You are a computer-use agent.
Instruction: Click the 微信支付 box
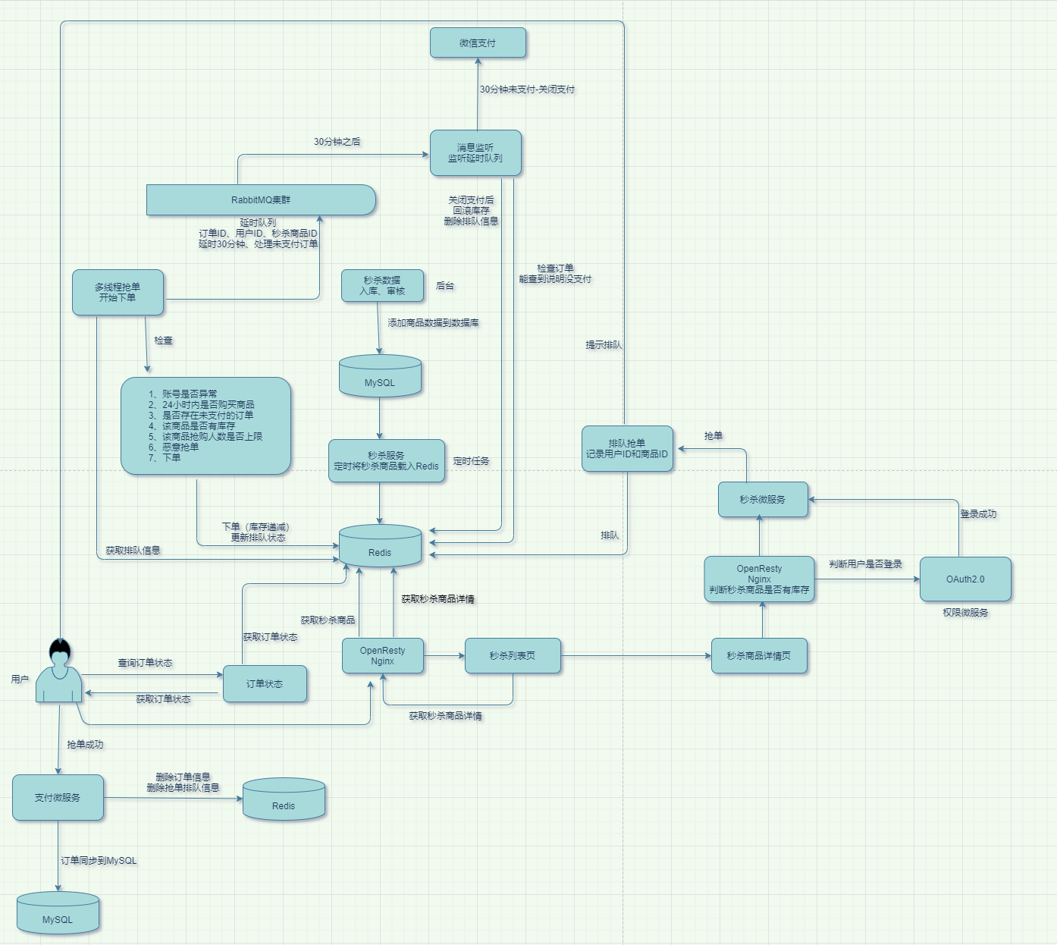(x=478, y=43)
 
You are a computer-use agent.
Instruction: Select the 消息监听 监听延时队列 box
(x=475, y=153)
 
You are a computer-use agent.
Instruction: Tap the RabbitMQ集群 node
(x=261, y=200)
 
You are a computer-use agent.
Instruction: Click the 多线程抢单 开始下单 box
(x=118, y=293)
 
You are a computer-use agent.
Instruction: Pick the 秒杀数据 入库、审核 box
(x=382, y=286)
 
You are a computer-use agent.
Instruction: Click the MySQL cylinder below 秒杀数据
(x=380, y=377)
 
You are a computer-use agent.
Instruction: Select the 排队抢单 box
(x=627, y=449)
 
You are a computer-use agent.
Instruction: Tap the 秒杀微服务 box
(x=763, y=500)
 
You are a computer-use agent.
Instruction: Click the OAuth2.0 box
(x=965, y=579)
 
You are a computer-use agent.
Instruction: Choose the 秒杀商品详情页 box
(x=759, y=656)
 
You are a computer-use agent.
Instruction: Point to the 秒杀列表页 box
(x=513, y=656)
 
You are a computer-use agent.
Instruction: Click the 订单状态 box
(x=265, y=684)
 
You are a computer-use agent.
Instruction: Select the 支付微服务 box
(x=58, y=798)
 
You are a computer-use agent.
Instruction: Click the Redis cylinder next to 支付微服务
(x=284, y=799)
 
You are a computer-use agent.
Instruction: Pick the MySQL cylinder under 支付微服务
(x=58, y=913)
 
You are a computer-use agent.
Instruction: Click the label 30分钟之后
(x=337, y=142)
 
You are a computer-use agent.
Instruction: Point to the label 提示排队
(x=604, y=345)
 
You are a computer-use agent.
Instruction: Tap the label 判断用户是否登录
(x=865, y=564)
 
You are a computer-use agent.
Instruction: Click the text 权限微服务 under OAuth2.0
(x=965, y=613)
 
